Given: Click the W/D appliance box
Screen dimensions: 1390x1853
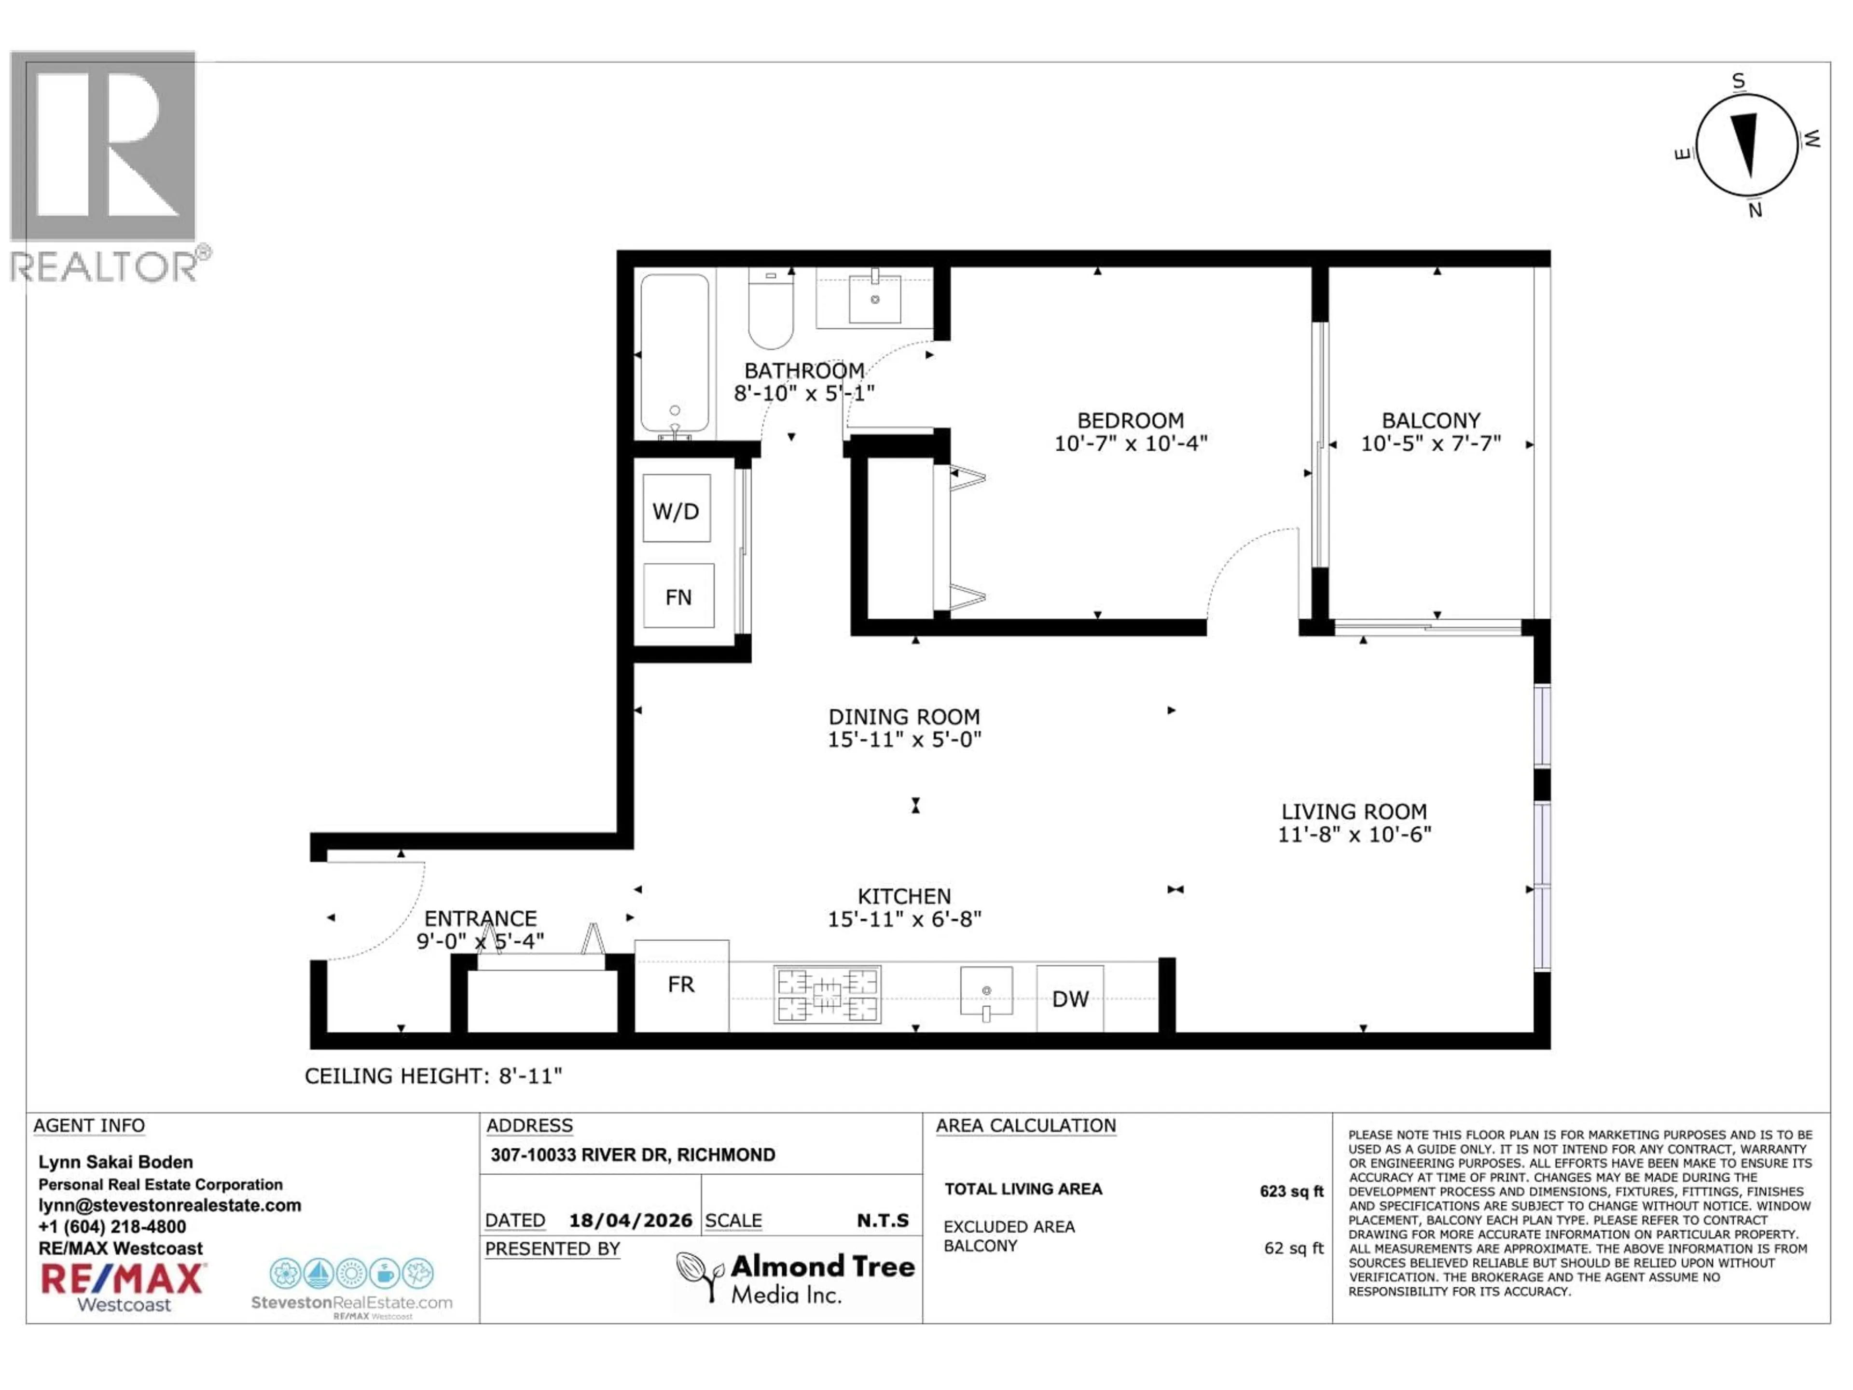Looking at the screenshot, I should (676, 509).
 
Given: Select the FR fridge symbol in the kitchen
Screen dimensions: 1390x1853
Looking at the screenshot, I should (681, 985).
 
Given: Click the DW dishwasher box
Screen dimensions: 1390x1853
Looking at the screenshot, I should (1070, 998).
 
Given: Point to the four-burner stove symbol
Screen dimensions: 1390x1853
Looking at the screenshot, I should (827, 995).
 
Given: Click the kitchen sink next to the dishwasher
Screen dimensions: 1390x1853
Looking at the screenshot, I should (986, 991).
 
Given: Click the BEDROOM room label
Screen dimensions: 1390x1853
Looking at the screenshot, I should (1130, 420).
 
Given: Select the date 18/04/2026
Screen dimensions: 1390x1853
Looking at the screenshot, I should (630, 1220).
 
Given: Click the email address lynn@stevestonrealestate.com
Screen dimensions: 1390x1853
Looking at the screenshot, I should (169, 1205).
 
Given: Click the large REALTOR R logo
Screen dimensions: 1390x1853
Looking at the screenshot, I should (103, 147).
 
